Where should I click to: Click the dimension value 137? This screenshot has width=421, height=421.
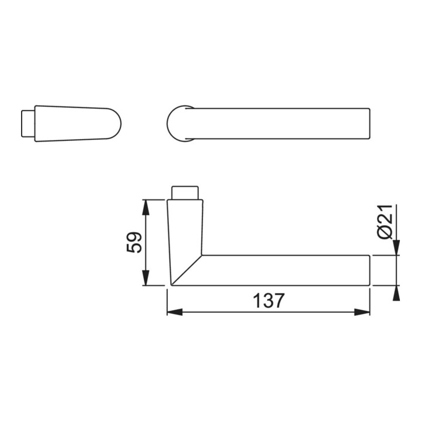[268, 301]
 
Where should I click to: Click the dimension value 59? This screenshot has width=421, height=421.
[134, 243]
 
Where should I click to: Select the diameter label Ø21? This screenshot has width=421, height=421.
[385, 222]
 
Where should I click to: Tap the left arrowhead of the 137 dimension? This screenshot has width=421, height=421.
[175, 312]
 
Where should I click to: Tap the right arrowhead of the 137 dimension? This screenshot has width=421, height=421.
[362, 312]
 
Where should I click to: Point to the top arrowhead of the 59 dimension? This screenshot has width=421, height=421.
[145, 208]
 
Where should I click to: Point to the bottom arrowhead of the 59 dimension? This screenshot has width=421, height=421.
[145, 278]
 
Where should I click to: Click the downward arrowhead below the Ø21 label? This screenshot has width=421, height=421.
[396, 247]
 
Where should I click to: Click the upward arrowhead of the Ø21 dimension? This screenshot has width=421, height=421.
[396, 293]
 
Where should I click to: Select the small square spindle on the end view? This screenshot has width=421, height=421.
[28, 123]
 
